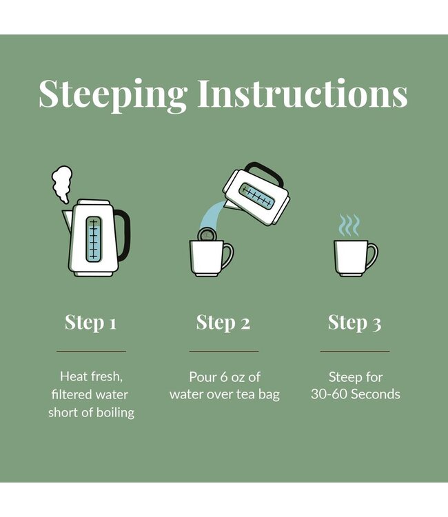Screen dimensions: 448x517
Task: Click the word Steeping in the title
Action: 113,94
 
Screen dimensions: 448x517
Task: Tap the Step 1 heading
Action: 91,323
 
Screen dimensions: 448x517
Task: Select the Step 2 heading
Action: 223,323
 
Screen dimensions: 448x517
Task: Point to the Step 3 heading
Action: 355,323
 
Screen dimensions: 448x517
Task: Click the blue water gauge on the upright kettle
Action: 94,239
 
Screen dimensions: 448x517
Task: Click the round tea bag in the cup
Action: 207,234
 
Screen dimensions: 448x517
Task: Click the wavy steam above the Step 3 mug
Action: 349,225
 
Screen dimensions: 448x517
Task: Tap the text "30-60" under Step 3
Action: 327,394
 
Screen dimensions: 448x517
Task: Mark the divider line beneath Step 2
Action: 224,352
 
